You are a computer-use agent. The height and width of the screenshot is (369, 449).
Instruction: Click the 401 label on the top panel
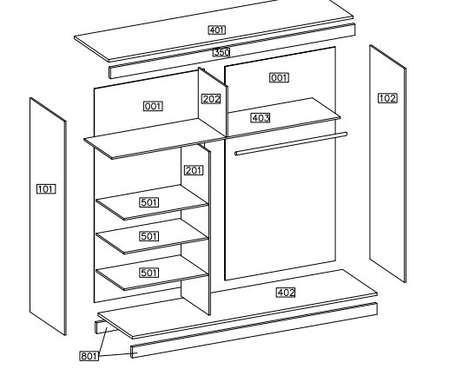click(216, 30)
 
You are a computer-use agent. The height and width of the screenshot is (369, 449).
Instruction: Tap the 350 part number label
click(221, 52)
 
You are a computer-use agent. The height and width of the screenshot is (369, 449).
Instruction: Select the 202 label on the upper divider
click(211, 99)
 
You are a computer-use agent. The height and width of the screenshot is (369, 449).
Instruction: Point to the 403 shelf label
click(261, 118)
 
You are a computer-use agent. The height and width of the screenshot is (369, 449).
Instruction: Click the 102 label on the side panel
click(387, 98)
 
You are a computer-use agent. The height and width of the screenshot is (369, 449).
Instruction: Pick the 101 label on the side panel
click(46, 189)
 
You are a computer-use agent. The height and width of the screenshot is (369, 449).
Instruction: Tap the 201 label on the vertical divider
click(194, 170)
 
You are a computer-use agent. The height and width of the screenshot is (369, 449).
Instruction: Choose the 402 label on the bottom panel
click(286, 293)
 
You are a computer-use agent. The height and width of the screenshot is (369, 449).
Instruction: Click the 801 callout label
click(89, 356)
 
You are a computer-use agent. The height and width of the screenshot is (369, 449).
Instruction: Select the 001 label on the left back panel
click(153, 106)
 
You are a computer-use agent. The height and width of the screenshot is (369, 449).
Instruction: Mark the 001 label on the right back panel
click(279, 78)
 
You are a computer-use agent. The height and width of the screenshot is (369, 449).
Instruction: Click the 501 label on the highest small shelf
click(149, 202)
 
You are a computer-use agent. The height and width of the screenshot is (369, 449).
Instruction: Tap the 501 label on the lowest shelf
click(149, 273)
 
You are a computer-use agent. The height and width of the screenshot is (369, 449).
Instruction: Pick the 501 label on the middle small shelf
click(149, 236)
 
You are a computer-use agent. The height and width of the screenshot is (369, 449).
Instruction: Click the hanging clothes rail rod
click(291, 143)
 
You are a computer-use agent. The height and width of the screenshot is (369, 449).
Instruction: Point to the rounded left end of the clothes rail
click(236, 154)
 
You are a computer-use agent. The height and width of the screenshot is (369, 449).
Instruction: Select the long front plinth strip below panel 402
click(254, 330)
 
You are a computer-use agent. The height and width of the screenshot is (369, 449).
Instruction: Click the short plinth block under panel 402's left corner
click(105, 327)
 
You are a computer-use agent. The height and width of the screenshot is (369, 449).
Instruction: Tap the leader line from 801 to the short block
click(102, 340)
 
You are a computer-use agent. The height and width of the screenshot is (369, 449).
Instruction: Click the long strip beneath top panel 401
click(232, 51)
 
